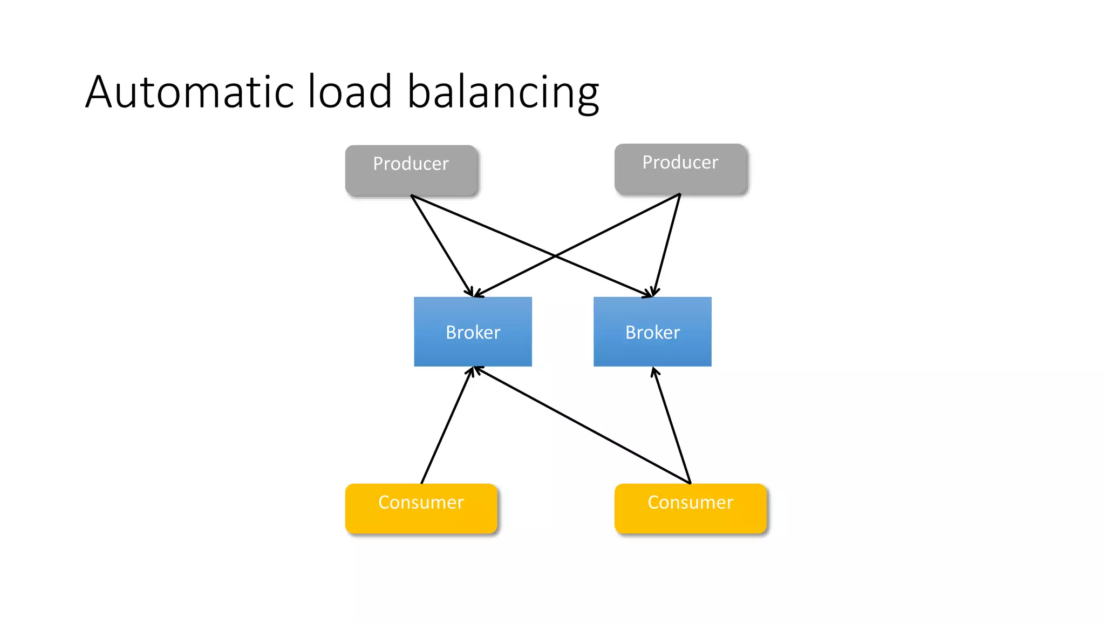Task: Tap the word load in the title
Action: tap(350, 92)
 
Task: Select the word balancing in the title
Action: tap(503, 93)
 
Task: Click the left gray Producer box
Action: tap(411, 170)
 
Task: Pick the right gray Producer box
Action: tap(680, 168)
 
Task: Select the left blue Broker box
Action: tap(473, 332)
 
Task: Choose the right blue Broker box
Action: tap(652, 332)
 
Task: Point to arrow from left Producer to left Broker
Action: tap(441, 245)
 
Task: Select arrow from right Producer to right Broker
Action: tap(667, 244)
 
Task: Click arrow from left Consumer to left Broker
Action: tap(447, 425)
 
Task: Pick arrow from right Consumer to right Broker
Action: tap(672, 425)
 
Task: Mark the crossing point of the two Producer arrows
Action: tap(555, 256)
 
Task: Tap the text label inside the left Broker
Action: tap(473, 333)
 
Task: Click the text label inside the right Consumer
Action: tap(690, 503)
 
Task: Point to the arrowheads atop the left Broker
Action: tap(473, 293)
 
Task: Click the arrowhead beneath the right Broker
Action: tap(654, 372)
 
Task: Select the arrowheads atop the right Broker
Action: tap(651, 293)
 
